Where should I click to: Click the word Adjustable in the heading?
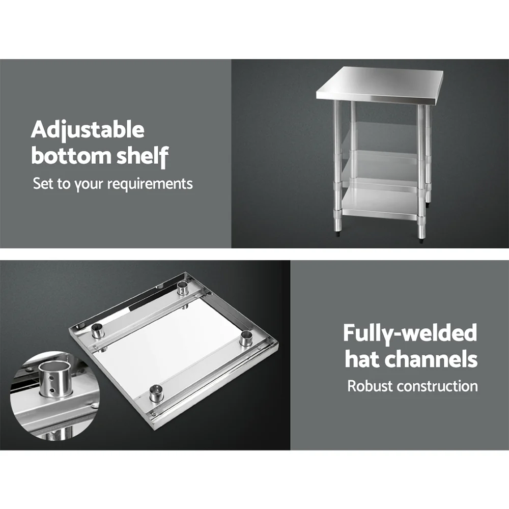click(88, 130)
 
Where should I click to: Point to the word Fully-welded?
click(410, 333)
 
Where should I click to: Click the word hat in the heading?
click(361, 359)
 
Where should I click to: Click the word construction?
click(437, 386)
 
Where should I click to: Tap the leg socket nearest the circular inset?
click(97, 332)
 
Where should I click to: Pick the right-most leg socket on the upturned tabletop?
click(246, 337)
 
